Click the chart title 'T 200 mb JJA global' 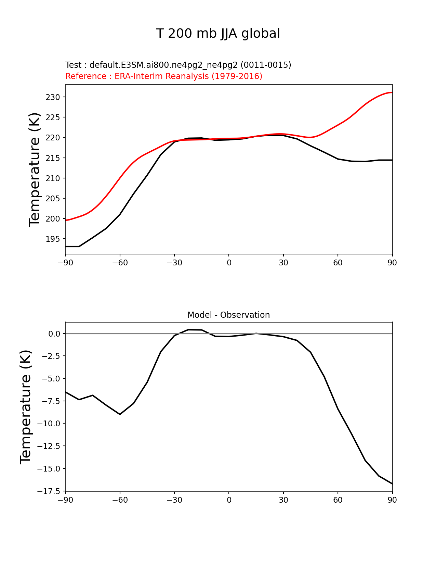pyautogui.click(x=218, y=34)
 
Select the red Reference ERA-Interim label pyautogui.click(x=164, y=76)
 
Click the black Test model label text pyautogui.click(x=178, y=65)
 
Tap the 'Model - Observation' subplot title pyautogui.click(x=228, y=315)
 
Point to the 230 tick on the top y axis pyautogui.click(x=53, y=97)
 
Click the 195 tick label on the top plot pyautogui.click(x=53, y=239)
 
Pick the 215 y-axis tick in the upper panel pyautogui.click(x=53, y=158)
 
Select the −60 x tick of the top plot pyautogui.click(x=120, y=263)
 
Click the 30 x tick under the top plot pyautogui.click(x=283, y=263)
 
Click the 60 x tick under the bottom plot pyautogui.click(x=338, y=500)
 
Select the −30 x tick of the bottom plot pyautogui.click(x=174, y=500)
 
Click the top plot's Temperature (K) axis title pyautogui.click(x=35, y=169)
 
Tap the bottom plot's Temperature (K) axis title pyautogui.click(x=26, y=407)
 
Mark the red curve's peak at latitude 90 pyautogui.click(x=392, y=92)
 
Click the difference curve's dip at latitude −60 pyautogui.click(x=120, y=414)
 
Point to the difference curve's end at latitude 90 pyautogui.click(x=392, y=484)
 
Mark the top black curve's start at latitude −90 pyautogui.click(x=66, y=247)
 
